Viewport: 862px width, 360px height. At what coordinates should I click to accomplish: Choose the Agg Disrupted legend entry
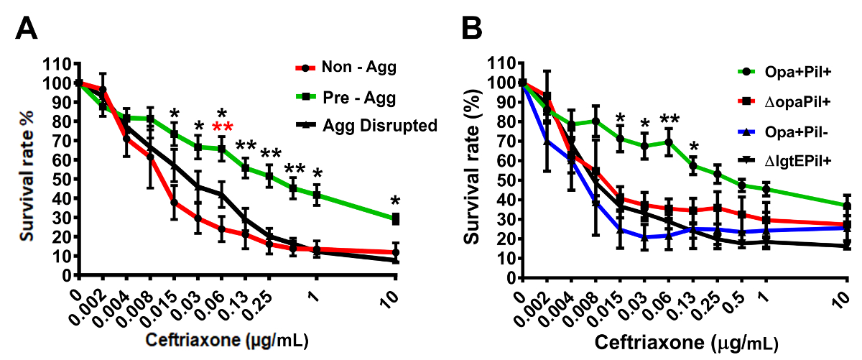379,126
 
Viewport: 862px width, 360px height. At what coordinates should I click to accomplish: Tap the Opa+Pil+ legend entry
785,73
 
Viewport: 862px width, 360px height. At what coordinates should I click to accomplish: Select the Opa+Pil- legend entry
785,131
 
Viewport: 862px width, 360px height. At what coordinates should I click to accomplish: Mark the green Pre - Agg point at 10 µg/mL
394,218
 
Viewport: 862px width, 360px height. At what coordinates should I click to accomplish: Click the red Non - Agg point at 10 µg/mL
394,252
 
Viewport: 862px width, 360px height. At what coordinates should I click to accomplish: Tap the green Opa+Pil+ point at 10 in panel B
848,206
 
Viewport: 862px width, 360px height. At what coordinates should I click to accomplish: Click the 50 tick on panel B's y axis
504,180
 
